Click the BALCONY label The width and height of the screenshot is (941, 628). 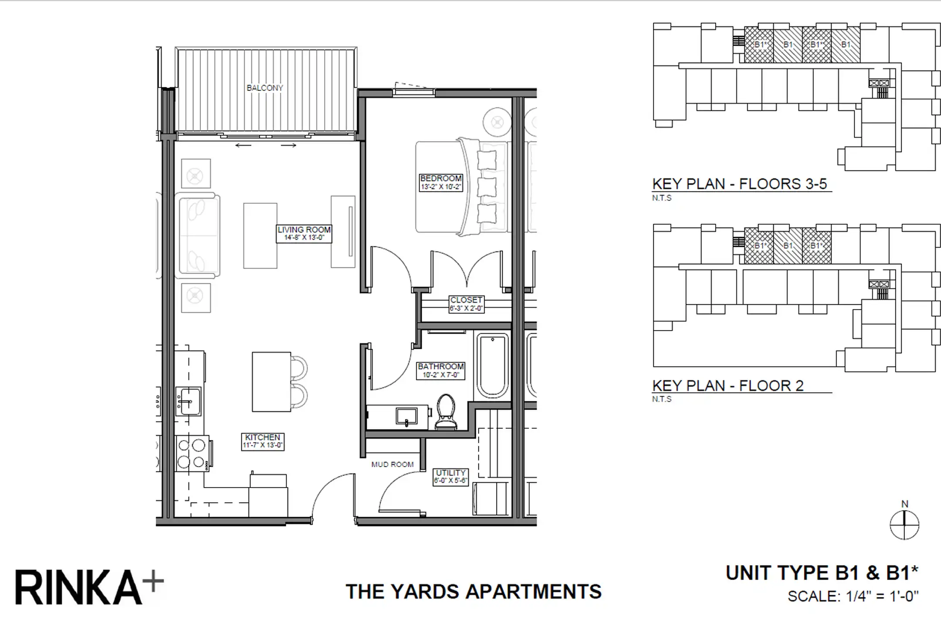click(x=265, y=88)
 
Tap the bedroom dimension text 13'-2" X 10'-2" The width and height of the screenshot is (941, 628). click(x=441, y=187)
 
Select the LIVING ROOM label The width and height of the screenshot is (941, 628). click(x=304, y=230)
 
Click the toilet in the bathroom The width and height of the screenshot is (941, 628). click(x=446, y=412)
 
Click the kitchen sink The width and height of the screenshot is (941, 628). click(x=188, y=401)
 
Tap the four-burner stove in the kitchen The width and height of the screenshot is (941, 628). click(x=192, y=454)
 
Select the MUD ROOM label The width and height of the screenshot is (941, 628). click(x=393, y=464)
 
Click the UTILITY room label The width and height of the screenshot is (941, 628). click(x=450, y=473)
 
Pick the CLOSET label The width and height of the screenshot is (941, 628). click(x=466, y=300)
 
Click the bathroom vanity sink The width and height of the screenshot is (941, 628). click(x=406, y=416)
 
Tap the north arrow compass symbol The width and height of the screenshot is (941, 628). click(x=904, y=525)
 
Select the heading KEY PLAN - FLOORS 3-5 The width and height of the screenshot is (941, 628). click(x=739, y=184)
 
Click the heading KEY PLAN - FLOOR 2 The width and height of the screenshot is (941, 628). click(x=728, y=386)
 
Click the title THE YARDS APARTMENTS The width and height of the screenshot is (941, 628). click(x=474, y=592)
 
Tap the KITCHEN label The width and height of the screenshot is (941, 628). click(x=263, y=437)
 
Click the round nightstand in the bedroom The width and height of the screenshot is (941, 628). click(x=497, y=123)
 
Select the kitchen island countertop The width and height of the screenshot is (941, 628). click(x=271, y=382)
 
